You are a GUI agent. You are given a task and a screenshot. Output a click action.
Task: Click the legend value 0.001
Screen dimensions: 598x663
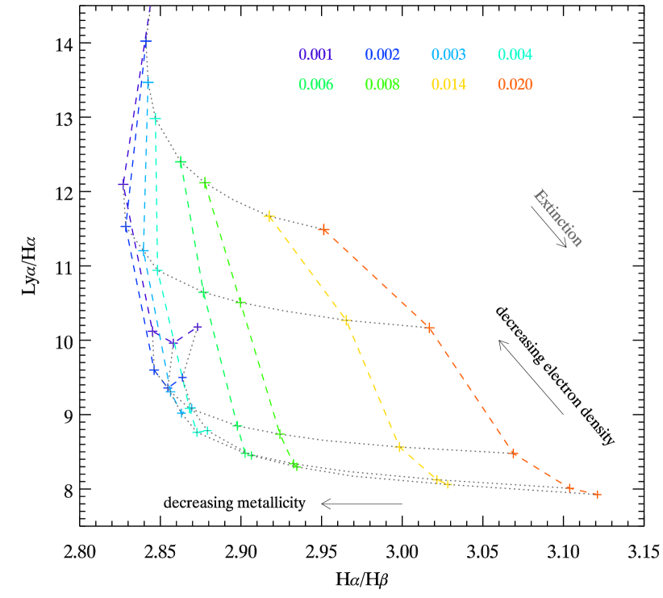click(315, 55)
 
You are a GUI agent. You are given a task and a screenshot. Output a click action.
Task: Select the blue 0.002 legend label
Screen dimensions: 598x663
click(382, 55)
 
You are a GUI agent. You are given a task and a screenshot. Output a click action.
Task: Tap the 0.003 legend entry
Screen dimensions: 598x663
click(448, 55)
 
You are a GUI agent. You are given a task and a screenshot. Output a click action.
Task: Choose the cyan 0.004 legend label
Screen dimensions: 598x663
click(515, 55)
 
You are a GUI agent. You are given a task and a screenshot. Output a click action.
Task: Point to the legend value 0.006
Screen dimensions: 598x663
click(315, 85)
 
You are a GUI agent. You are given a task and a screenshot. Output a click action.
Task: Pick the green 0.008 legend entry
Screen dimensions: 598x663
click(382, 85)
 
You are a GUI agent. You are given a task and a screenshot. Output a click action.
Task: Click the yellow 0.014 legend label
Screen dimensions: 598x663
click(448, 85)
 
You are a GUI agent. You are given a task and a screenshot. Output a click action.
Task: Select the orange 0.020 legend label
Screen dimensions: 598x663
click(515, 85)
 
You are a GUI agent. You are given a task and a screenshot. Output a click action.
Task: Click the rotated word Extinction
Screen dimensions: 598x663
click(558, 218)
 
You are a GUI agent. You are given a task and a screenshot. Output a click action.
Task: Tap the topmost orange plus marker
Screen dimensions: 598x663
click(324, 230)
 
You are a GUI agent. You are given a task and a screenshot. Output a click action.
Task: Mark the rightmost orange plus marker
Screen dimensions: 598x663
click(597, 494)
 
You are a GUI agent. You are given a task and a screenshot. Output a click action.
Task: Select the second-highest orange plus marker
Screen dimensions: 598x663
click(429, 328)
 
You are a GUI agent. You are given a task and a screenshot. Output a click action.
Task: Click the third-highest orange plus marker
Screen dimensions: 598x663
click(513, 453)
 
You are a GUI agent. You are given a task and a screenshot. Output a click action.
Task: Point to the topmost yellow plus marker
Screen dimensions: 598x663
click(269, 216)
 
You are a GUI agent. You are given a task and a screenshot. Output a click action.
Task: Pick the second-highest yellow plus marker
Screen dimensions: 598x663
click(346, 320)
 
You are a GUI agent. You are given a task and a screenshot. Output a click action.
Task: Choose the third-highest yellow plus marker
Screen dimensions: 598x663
click(400, 447)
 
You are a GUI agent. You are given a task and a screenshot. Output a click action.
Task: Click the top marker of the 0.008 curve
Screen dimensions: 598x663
click(205, 182)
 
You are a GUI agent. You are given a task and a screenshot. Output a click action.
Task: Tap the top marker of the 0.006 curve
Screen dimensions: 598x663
click(181, 161)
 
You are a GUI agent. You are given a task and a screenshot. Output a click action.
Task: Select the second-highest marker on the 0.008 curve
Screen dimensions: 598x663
click(240, 302)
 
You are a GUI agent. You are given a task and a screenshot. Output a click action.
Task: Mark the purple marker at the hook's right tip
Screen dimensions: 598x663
click(197, 327)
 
